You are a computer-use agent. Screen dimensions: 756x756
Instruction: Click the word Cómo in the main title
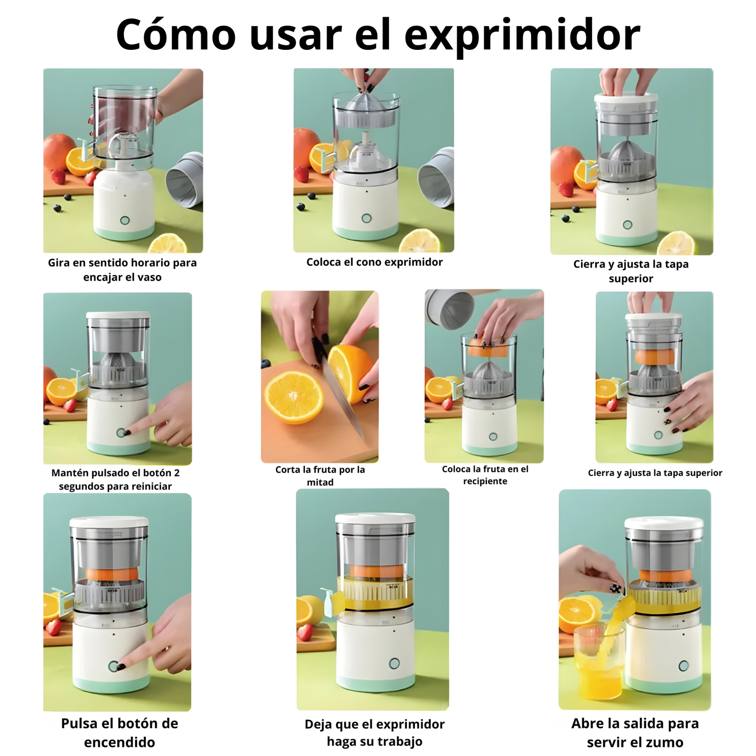tap(175, 34)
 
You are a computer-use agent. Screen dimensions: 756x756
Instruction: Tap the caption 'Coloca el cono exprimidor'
tap(374, 262)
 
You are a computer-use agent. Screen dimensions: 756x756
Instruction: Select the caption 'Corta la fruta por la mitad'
tap(320, 476)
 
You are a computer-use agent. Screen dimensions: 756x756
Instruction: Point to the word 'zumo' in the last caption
tap(660, 742)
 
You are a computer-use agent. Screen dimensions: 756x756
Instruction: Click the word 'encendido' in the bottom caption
tap(119, 742)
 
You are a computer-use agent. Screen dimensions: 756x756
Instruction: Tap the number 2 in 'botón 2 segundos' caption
tap(176, 473)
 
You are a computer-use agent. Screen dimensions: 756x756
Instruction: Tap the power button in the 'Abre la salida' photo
tap(683, 666)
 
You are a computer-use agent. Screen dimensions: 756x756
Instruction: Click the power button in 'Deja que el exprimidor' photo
tap(394, 663)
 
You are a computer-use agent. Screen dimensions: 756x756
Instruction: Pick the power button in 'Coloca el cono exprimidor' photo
tap(366, 218)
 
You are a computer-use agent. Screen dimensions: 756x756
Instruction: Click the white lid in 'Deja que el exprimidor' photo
tap(375, 519)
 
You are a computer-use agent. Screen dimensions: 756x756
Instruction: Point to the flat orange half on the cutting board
tap(294, 398)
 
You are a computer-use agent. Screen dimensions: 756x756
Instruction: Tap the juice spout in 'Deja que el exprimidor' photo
tap(333, 602)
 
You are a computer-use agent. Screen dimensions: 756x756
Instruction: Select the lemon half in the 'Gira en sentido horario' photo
tap(168, 243)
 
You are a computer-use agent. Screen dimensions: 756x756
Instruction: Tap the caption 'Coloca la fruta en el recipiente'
tap(485, 475)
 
